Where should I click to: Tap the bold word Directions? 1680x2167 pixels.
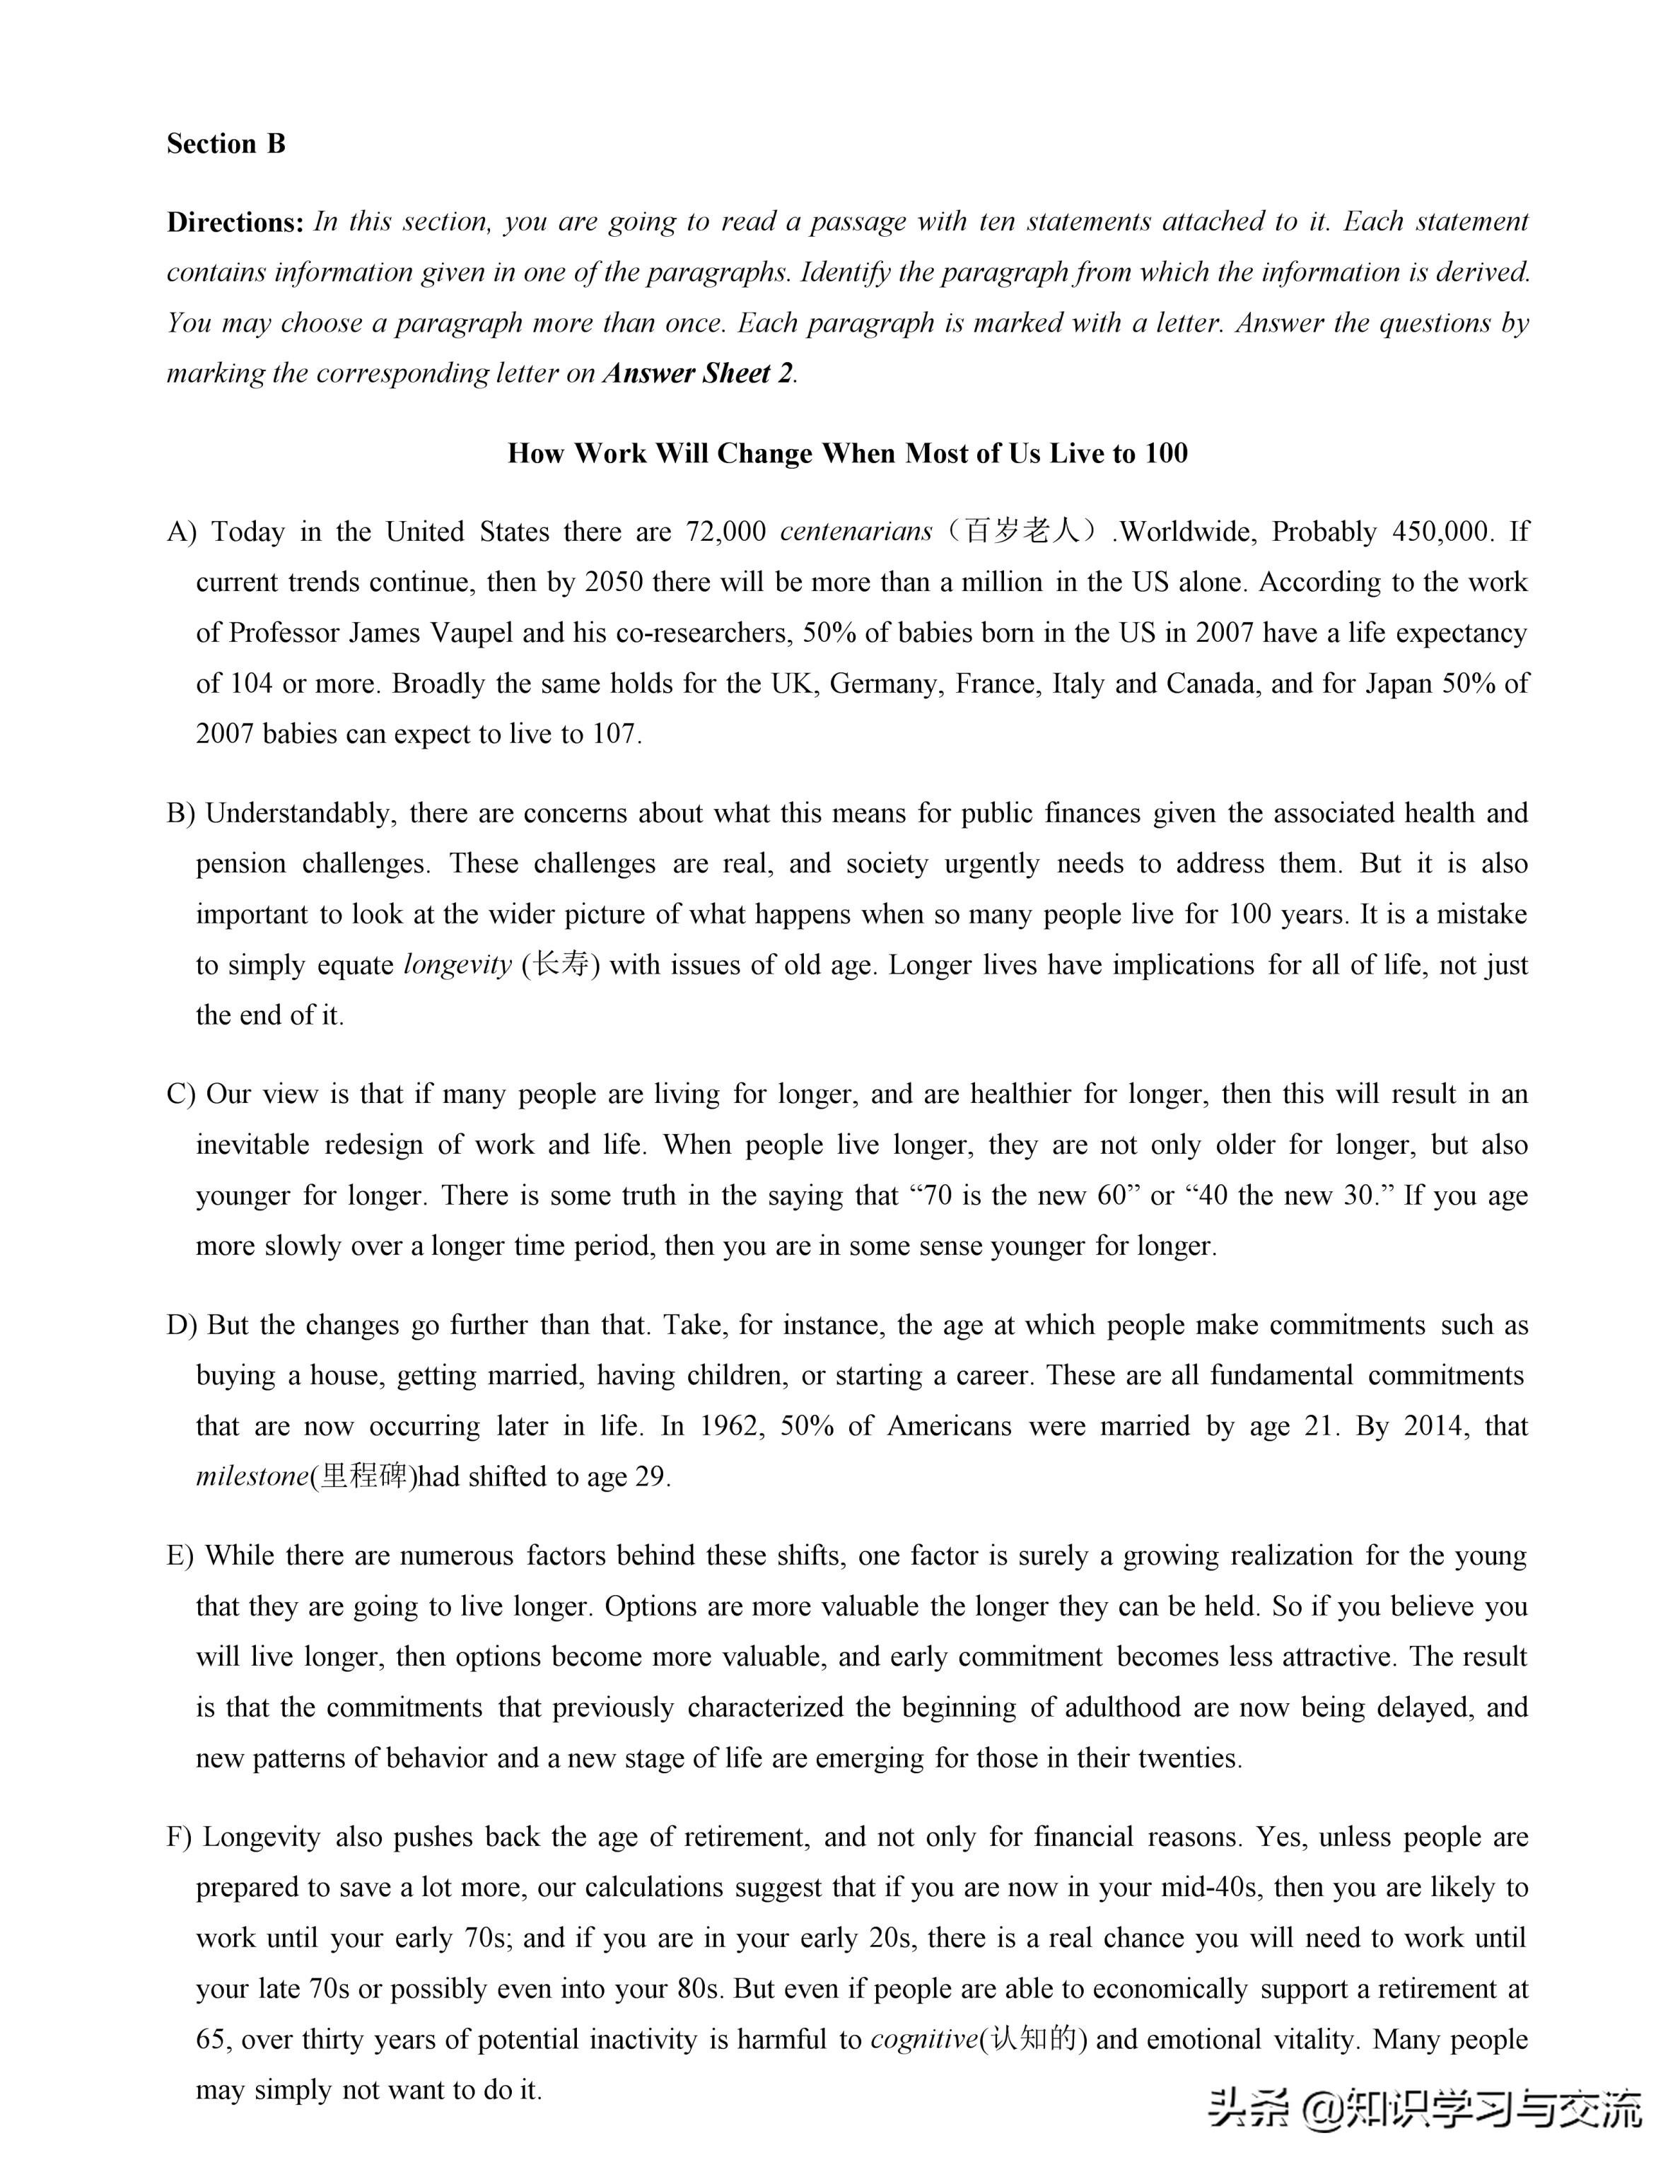[x=234, y=222]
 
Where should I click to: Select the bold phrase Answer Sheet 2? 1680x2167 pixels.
[x=699, y=373]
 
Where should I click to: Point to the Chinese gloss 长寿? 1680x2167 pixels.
[x=561, y=964]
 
